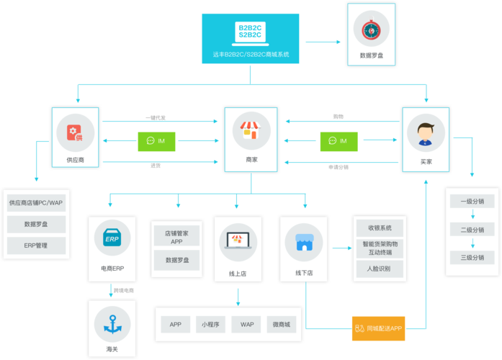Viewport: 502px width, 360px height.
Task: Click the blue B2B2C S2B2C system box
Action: pos(250,39)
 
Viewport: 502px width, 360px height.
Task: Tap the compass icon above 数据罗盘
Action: pos(371,30)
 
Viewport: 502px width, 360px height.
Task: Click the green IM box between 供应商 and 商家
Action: pos(156,141)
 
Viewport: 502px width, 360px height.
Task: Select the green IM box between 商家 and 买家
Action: pos(339,141)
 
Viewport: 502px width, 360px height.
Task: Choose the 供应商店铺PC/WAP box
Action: pos(37,203)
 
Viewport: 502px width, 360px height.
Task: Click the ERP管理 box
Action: pos(37,246)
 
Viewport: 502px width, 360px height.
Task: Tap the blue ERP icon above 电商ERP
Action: pos(112,238)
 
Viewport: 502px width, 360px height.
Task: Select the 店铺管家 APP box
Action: pos(177,238)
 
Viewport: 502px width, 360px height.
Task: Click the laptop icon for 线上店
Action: pos(238,239)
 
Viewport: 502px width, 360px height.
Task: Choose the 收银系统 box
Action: pos(380,228)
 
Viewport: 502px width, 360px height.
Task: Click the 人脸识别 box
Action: pos(380,269)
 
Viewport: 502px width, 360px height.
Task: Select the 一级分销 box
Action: pos(472,202)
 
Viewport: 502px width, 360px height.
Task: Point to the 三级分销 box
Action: pos(472,257)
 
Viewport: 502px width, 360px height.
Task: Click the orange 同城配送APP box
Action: pos(378,328)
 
